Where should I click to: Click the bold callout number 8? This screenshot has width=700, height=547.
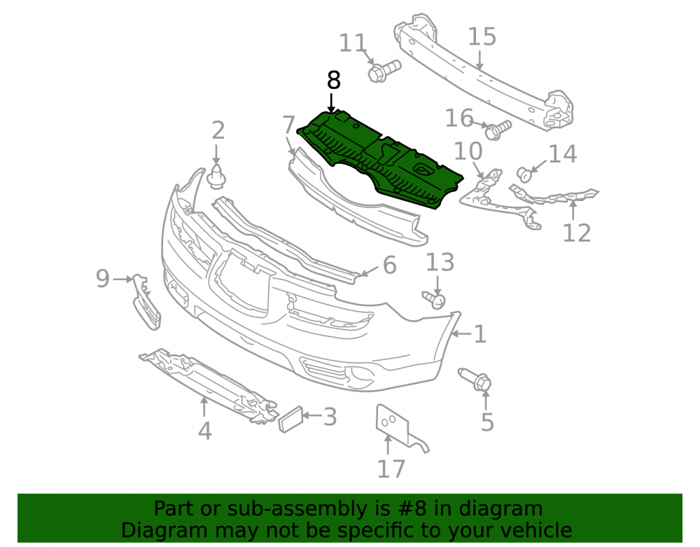[x=333, y=81]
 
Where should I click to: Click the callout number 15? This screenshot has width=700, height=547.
[x=482, y=36]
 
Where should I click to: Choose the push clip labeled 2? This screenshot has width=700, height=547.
[x=216, y=176]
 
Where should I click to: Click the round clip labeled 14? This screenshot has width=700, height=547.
[x=524, y=174]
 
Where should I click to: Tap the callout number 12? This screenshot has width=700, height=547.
[x=576, y=233]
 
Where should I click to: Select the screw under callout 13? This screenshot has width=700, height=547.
[x=434, y=300]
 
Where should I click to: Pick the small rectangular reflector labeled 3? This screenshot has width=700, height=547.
[x=291, y=420]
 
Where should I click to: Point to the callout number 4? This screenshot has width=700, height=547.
[x=204, y=431]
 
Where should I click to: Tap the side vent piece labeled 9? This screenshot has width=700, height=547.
[x=146, y=303]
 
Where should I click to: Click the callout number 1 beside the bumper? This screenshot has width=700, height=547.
[x=480, y=334]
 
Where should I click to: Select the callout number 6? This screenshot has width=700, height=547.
[x=389, y=265]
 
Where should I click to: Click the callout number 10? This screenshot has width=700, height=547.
[x=468, y=151]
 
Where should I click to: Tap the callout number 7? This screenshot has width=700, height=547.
[x=289, y=125]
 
